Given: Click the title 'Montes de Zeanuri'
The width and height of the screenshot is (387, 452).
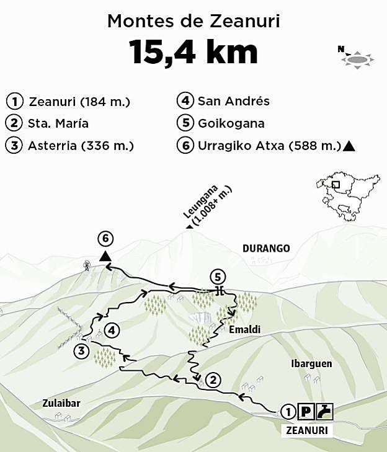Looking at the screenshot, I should coord(193,21).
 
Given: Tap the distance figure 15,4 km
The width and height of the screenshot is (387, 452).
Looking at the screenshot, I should coord(193,52).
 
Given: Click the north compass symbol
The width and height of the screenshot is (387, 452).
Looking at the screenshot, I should coord(357,58).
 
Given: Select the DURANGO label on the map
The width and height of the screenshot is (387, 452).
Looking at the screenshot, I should coord(266,249).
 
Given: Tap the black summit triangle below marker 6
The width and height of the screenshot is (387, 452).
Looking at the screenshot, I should coord(106,256).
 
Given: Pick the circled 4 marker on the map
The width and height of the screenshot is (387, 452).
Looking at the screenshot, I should coord(112,331).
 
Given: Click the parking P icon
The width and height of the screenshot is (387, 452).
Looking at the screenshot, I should coord(305,410).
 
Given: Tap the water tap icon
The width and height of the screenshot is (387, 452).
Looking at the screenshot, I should coord(325,410).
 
